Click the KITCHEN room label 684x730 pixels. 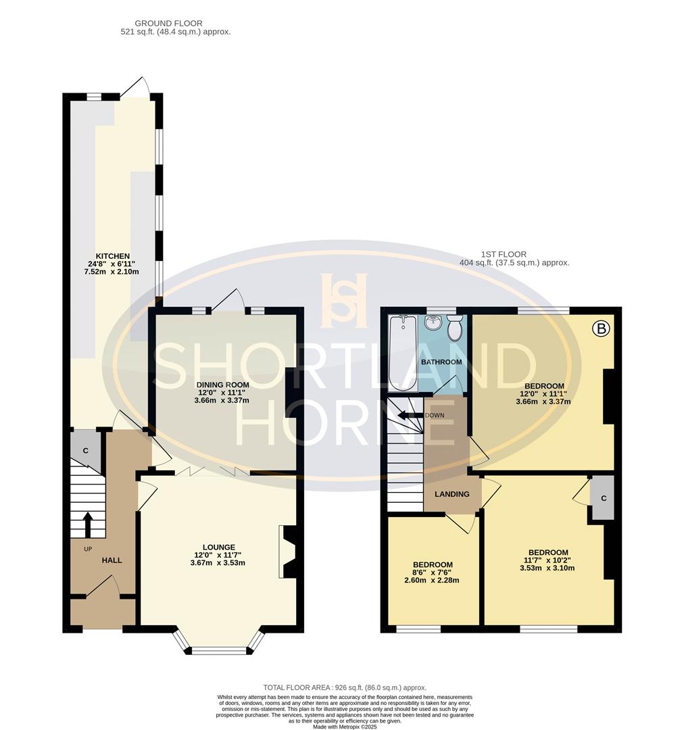[113, 256]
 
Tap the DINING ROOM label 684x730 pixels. [222, 385]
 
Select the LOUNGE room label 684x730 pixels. [219, 547]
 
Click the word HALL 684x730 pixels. [112, 560]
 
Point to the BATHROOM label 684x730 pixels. [441, 362]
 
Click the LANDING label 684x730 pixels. [452, 494]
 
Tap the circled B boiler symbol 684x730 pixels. [601, 328]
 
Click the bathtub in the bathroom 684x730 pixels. [404, 353]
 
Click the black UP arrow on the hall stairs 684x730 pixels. [88, 525]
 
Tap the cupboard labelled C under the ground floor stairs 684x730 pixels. [86, 451]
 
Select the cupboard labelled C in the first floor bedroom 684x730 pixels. [603, 498]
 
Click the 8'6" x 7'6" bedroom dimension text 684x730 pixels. [432, 573]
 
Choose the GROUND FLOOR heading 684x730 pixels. [168, 23]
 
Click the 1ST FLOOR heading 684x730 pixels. [504, 254]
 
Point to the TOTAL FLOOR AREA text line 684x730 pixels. [345, 687]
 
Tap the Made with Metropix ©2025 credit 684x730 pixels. [345, 726]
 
